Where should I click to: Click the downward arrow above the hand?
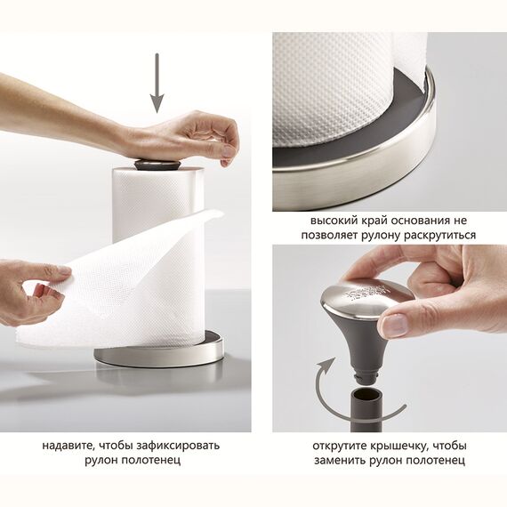(x=157, y=84)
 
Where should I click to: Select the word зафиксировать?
(x=178, y=447)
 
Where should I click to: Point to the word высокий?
(x=333, y=221)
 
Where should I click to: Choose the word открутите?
(x=339, y=447)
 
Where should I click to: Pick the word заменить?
(x=340, y=460)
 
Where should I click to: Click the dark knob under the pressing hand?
(x=157, y=165)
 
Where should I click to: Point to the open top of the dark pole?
(x=366, y=393)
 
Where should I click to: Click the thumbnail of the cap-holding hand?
(x=394, y=325)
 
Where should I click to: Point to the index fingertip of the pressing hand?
(x=226, y=159)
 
